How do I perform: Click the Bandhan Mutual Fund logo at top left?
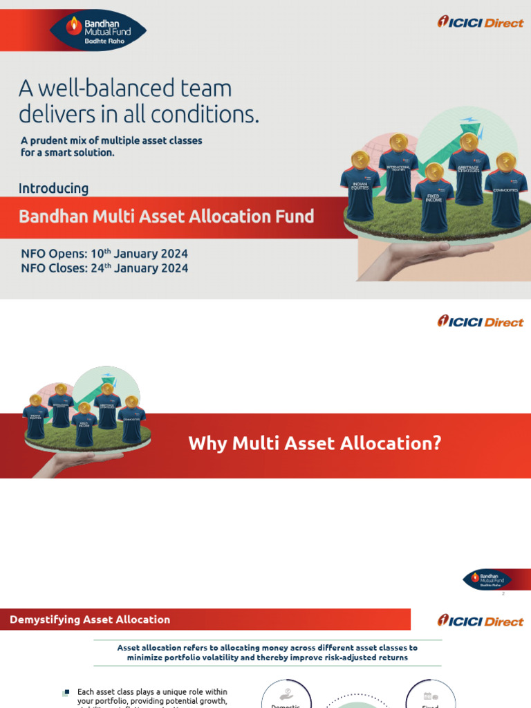click(98, 30)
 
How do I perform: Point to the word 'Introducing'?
click(53, 188)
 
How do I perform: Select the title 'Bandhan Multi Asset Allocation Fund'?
click(166, 216)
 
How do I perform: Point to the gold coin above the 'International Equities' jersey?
click(396, 142)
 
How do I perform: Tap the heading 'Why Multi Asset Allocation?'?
click(315, 443)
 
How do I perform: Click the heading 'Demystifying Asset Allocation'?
click(90, 619)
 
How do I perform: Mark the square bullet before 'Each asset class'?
click(66, 692)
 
